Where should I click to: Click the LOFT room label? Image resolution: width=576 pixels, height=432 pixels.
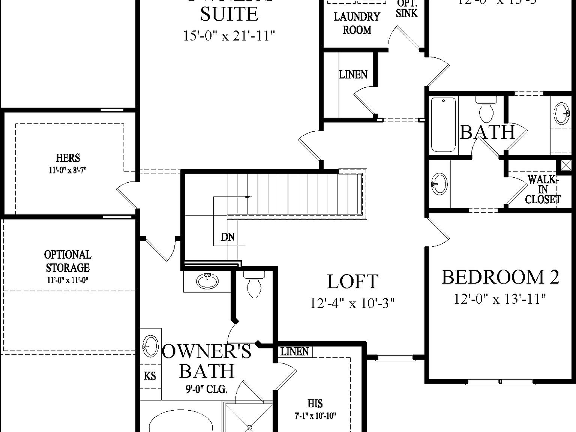[x=352, y=282]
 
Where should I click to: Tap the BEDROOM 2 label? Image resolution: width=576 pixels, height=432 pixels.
[x=500, y=277]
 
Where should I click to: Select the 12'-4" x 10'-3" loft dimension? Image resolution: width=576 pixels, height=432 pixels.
[x=352, y=303]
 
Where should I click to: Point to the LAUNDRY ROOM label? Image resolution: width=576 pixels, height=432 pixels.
[x=357, y=23]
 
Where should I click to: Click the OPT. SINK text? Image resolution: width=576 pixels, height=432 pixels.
[x=406, y=10]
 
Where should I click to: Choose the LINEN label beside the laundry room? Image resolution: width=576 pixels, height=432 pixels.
[x=353, y=75]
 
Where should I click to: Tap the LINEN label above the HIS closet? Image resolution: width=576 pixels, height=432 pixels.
[x=295, y=352]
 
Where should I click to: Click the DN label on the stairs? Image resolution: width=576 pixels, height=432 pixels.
[x=228, y=237]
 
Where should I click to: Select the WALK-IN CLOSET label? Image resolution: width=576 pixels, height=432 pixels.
[x=543, y=190]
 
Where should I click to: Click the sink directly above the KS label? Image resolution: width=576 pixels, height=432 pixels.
[x=150, y=345]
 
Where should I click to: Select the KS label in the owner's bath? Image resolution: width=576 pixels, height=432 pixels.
[x=150, y=375]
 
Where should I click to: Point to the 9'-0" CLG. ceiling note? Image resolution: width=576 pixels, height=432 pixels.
[x=206, y=390]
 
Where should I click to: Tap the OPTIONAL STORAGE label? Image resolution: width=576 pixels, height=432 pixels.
[x=68, y=261]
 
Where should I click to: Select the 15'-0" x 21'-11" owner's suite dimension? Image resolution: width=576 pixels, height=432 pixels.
[x=229, y=36]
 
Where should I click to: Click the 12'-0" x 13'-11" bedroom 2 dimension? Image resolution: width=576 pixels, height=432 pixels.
[x=500, y=299]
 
